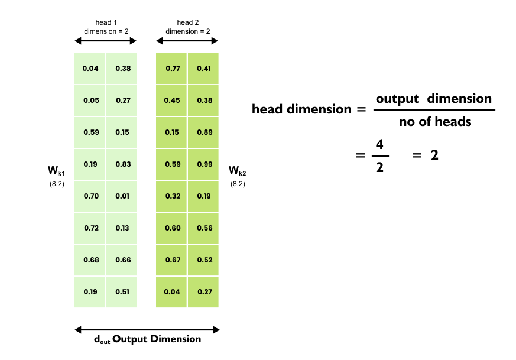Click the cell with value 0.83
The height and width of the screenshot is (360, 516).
pyautogui.click(x=123, y=164)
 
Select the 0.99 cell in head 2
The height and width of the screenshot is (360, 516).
pyautogui.click(x=204, y=164)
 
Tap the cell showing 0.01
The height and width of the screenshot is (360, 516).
pyautogui.click(x=123, y=196)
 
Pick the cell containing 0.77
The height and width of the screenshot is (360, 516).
pyautogui.click(x=172, y=68)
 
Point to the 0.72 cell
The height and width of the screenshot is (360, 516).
pyautogui.click(x=90, y=228)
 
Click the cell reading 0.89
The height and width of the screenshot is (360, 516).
pyautogui.click(x=204, y=132)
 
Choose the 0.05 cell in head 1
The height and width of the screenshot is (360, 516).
pyautogui.click(x=90, y=100)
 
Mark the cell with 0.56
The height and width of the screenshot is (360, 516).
pyautogui.click(x=204, y=228)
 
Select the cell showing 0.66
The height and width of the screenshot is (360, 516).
pyautogui.click(x=123, y=260)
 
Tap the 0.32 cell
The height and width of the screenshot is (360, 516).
pyautogui.click(x=172, y=196)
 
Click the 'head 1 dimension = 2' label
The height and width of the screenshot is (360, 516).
pyautogui.click(x=106, y=27)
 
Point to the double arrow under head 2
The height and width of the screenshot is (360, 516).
pyautogui.click(x=187, y=41)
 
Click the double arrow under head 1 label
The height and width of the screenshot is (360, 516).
pyautogui.click(x=106, y=41)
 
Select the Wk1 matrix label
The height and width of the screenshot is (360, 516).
pyautogui.click(x=57, y=171)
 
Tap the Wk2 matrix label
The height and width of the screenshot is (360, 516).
pyautogui.click(x=237, y=171)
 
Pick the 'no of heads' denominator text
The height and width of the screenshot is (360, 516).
pyautogui.click(x=435, y=122)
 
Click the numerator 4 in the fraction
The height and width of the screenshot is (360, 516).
pyautogui.click(x=379, y=144)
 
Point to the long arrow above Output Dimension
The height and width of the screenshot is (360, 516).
pyautogui.click(x=147, y=329)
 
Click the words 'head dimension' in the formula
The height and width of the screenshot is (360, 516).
pyautogui.click(x=301, y=109)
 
